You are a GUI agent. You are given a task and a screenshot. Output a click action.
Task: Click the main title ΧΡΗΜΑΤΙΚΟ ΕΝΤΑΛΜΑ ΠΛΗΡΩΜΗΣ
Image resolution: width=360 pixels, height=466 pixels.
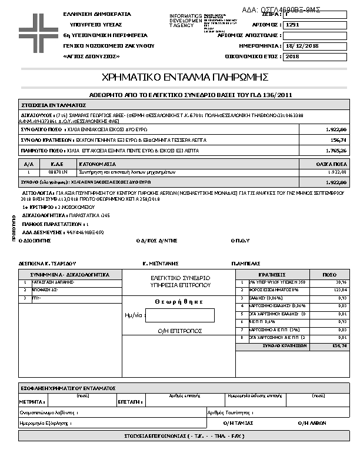point(185,77)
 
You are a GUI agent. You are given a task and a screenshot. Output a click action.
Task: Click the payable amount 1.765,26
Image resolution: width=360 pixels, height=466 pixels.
point(337,151)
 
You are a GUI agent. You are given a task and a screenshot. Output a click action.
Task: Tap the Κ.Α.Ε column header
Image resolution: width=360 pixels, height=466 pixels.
point(58,164)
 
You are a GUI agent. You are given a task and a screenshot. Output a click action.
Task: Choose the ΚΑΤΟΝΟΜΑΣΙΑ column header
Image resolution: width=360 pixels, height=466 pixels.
point(98,164)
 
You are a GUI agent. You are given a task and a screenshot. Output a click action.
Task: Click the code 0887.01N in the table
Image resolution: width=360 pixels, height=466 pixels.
point(58,172)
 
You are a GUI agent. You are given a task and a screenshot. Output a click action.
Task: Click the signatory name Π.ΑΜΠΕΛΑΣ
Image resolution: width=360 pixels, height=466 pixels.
point(246,264)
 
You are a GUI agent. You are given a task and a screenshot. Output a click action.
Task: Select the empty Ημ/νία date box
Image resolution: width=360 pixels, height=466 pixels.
point(179,315)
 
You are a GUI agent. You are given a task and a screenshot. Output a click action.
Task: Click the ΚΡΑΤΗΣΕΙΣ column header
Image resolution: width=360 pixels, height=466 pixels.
point(272,275)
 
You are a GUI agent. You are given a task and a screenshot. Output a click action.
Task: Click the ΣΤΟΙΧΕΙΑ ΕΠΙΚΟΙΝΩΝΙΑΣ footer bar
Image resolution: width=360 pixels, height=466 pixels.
point(184,436)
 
